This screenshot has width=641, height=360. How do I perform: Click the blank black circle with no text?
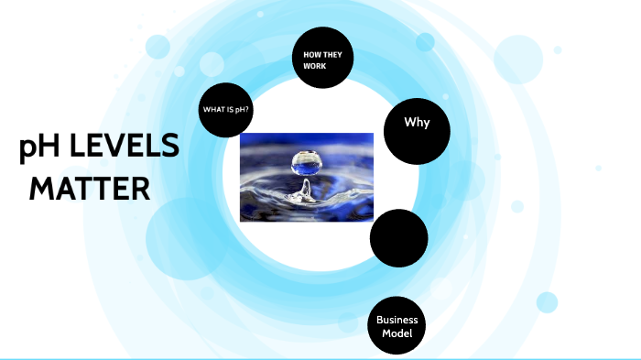click(x=399, y=238)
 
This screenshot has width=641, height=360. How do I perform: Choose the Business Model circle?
click(x=397, y=326)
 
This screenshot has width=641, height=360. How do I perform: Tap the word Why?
click(x=418, y=123)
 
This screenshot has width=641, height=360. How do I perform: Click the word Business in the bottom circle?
click(x=397, y=320)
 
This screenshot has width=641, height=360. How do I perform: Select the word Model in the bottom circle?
click(x=397, y=333)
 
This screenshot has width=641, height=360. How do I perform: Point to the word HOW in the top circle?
click(x=311, y=55)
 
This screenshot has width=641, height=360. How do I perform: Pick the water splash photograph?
click(x=306, y=177)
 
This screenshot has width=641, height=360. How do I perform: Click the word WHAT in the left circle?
click(x=212, y=111)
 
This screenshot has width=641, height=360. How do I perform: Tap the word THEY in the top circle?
click(x=329, y=55)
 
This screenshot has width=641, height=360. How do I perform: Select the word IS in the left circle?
click(x=230, y=111)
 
